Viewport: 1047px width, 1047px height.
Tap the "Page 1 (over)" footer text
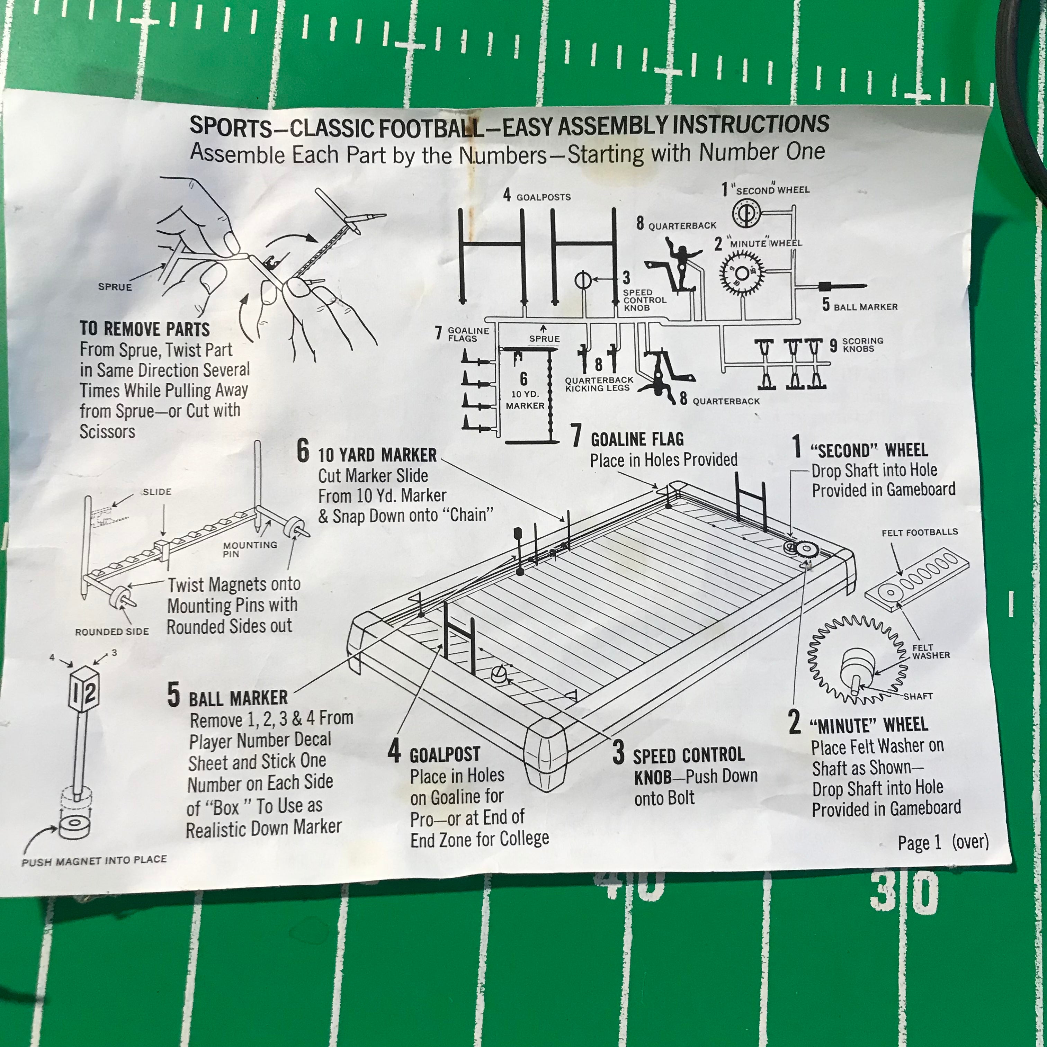tap(943, 842)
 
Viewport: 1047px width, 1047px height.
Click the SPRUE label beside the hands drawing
tap(115, 287)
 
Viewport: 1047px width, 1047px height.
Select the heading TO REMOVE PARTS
tap(145, 329)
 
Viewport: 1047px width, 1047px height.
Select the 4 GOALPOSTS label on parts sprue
tap(537, 196)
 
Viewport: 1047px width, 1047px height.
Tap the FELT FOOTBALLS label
tap(920, 532)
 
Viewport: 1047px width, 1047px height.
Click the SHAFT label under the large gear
tap(918, 696)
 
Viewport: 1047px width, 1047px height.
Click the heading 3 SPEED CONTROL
tap(679, 754)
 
